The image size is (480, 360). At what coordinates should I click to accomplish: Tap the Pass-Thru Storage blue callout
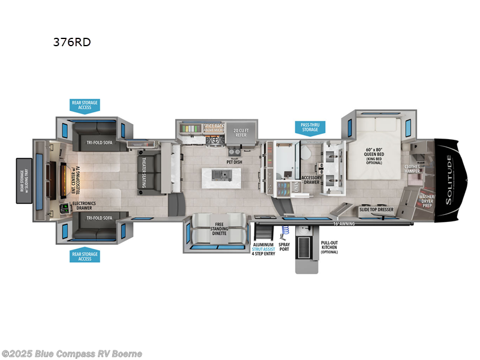pos(310,127)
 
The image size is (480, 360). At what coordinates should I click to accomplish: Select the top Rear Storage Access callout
pos(85,106)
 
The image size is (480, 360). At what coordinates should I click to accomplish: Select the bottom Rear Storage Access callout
pos(85,256)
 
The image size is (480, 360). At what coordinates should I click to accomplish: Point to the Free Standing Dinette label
pos(218,230)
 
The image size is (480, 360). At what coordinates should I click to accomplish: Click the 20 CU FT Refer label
pos(240,132)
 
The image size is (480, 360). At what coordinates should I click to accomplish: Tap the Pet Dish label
pos(234,161)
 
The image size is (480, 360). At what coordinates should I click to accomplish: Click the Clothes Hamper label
pos(412,169)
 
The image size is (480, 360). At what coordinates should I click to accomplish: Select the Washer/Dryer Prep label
pos(427,200)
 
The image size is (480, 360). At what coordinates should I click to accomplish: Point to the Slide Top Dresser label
pos(376,209)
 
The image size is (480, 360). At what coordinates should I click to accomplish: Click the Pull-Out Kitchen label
pos(329,247)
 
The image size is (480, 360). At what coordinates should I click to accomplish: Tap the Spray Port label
pos(284,247)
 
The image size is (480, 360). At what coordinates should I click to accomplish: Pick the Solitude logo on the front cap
pos(449,179)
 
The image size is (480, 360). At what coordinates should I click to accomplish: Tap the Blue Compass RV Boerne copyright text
pos(72,353)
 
